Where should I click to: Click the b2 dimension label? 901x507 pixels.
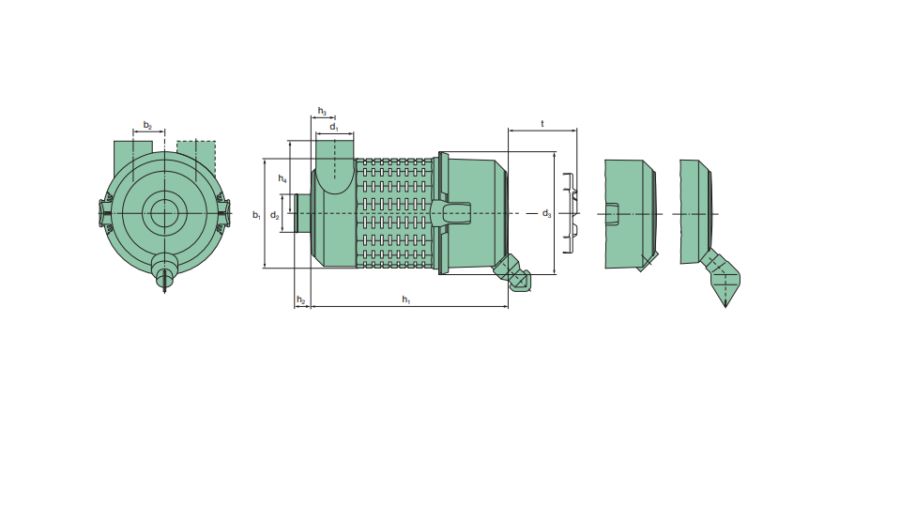[x=147, y=125]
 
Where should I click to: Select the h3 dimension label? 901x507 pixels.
[x=322, y=111]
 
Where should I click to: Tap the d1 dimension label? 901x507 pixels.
[x=334, y=127]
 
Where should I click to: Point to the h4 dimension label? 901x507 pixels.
[x=283, y=178]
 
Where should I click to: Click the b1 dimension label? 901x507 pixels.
[x=256, y=215]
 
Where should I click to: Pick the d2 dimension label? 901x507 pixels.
[x=275, y=216]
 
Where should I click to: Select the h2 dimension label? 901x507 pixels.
[x=301, y=300]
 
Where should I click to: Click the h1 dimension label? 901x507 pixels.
[x=406, y=300]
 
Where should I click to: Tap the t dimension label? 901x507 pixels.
[x=542, y=124]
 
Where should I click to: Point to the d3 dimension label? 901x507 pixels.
[x=546, y=214]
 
